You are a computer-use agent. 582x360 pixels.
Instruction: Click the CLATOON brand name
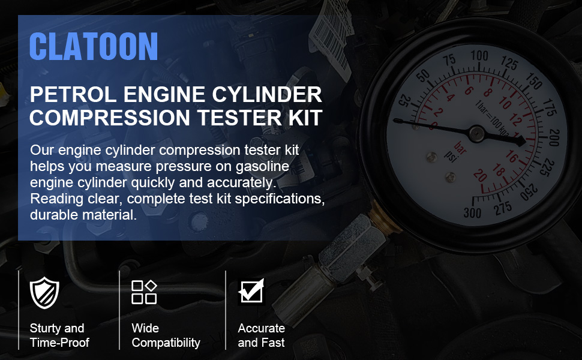[93, 46]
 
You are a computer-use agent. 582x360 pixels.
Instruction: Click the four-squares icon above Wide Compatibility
[144, 292]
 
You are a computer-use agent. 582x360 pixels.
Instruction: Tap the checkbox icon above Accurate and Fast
[251, 292]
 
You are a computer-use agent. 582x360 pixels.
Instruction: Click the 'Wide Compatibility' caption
[166, 335]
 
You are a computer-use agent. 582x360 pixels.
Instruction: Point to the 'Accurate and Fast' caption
[261, 335]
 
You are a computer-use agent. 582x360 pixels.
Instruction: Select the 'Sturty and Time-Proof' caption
[59, 335]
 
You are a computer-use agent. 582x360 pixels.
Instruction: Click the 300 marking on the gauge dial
[473, 212]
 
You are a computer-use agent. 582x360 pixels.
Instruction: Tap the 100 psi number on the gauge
[479, 55]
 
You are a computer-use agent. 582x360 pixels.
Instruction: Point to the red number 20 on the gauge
[480, 176]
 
